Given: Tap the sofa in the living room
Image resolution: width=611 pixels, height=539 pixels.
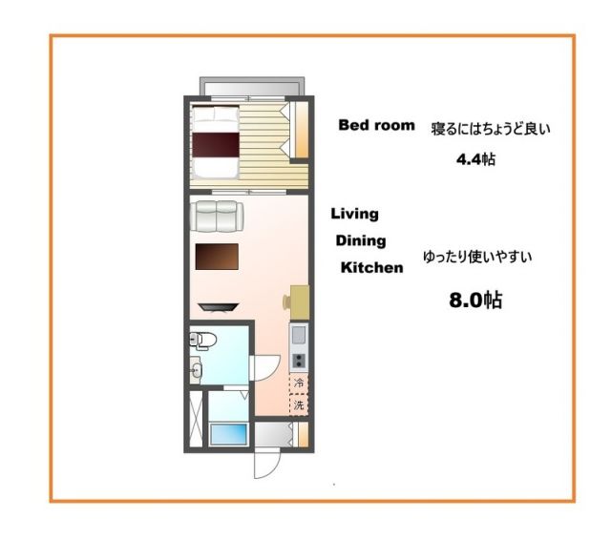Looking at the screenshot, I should coord(219,216).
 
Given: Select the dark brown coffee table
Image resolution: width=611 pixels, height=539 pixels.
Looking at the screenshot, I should coord(216,258).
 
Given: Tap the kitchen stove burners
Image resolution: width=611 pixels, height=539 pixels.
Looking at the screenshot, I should coord(298,361).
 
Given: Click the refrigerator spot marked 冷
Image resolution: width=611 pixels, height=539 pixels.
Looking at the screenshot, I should coord(299,383).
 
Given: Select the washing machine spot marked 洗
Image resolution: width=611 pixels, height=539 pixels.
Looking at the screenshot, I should coord(299,405).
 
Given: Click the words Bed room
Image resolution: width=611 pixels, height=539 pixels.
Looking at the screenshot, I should coord(377,125).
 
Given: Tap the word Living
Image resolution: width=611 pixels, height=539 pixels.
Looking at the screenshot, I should coord(355,214).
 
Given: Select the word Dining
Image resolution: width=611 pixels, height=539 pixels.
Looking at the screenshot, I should coord(360,240).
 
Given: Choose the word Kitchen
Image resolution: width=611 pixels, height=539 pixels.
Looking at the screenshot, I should coord(372,268).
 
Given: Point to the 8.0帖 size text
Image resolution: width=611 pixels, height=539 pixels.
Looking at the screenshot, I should coord(475,301).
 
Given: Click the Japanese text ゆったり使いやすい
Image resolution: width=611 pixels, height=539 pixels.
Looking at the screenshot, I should coord(476,257).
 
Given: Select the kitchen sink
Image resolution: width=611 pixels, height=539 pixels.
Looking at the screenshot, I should coord(298,335).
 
